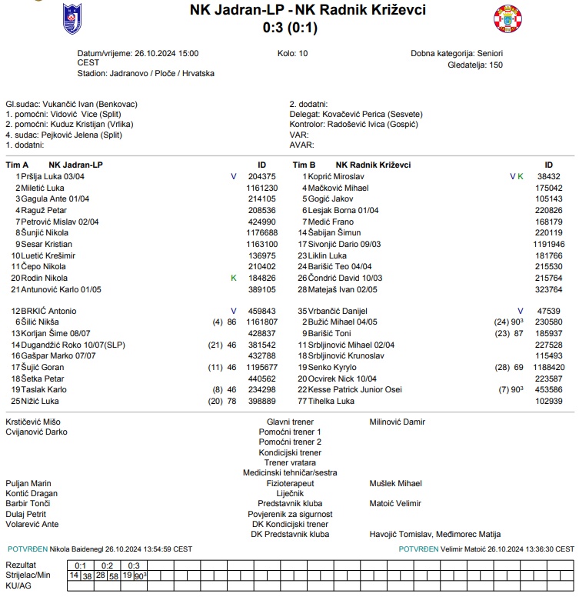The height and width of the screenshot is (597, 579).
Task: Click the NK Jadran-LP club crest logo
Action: (72, 18)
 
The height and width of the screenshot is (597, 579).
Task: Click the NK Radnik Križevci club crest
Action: (507, 18)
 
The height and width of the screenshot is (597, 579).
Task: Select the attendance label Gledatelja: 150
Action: (474, 65)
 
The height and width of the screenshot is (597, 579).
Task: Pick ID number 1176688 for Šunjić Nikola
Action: (261, 232)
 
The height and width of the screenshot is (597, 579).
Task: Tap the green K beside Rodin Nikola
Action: (234, 278)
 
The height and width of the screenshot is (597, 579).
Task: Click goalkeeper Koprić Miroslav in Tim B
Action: (336, 176)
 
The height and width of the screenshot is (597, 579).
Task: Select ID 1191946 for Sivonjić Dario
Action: (548, 244)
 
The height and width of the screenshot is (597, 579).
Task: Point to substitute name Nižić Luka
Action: (42, 402)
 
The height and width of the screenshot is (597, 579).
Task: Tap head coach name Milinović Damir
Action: (397, 422)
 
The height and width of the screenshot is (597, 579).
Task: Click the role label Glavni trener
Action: (290, 422)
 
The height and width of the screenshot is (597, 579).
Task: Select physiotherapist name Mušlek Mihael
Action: (395, 483)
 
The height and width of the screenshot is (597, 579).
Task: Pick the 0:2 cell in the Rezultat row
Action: (105, 565)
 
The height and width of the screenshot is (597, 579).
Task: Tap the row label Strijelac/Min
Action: (28, 575)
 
